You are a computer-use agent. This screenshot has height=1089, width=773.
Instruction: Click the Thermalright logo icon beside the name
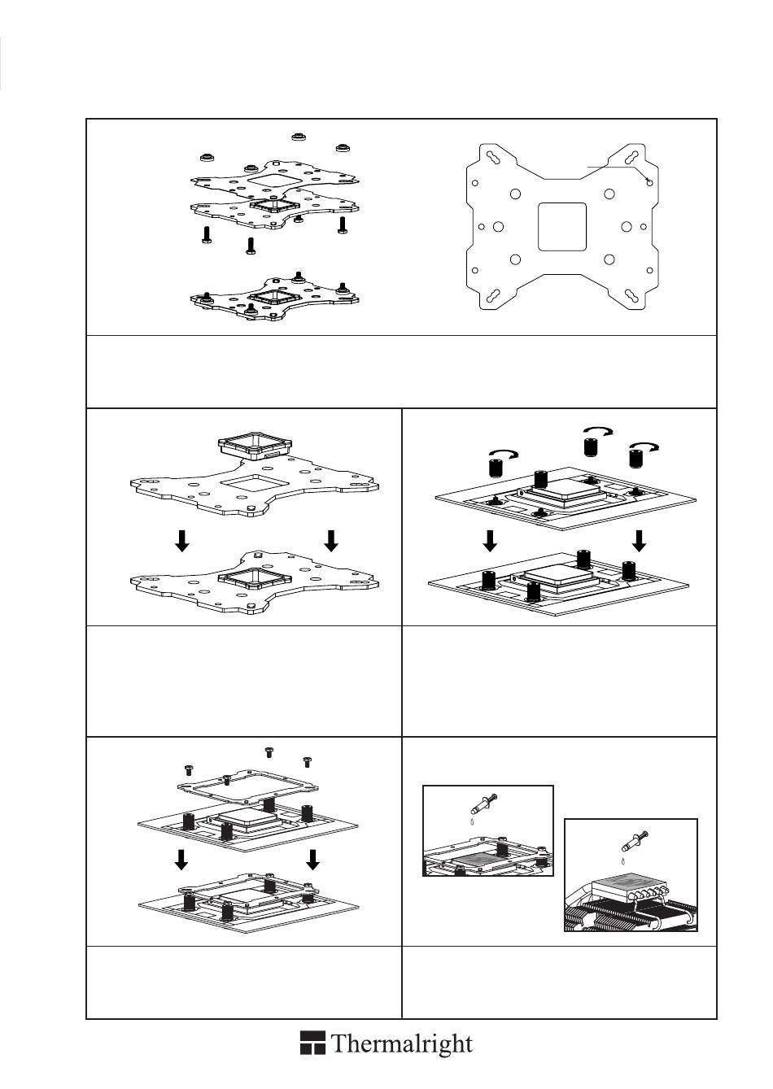pyautogui.click(x=313, y=1043)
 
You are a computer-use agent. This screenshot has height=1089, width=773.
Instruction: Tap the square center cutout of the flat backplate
pyautogui.click(x=562, y=226)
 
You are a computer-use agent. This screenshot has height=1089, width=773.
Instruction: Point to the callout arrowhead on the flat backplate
pyautogui.click(x=648, y=181)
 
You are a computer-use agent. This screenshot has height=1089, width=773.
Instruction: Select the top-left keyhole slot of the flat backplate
pyautogui.click(x=493, y=156)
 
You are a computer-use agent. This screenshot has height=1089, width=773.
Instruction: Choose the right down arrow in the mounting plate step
pyautogui.click(x=313, y=859)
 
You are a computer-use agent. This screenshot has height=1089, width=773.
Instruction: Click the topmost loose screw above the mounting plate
pyautogui.click(x=268, y=751)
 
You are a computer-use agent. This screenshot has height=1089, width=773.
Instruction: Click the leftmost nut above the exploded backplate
pyautogui.click(x=205, y=155)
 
